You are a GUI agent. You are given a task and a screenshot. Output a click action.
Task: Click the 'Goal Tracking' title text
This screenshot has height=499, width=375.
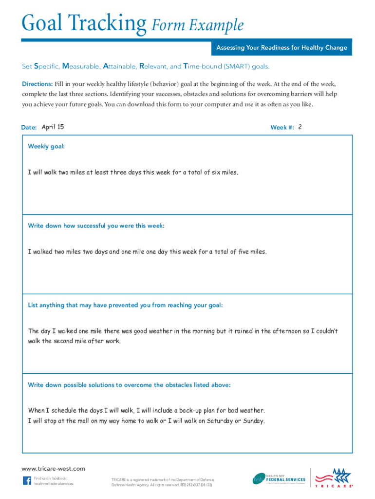click(83, 24)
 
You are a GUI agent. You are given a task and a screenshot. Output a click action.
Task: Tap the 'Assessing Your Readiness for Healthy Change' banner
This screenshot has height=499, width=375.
click(281, 48)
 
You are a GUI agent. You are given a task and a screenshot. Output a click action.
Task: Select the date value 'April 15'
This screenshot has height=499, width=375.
click(53, 127)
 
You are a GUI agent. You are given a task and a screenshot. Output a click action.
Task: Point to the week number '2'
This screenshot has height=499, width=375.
click(300, 127)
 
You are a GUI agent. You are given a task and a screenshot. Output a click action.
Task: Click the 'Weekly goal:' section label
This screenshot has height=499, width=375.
click(46, 146)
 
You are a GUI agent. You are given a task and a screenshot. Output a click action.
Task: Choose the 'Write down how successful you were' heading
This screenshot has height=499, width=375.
click(96, 226)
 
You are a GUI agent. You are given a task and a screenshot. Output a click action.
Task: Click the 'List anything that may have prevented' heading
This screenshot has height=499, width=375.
click(125, 305)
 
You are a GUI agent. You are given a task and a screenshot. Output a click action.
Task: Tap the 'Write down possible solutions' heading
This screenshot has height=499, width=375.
click(129, 385)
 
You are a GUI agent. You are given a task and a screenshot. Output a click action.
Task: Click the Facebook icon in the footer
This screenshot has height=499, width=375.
click(27, 480)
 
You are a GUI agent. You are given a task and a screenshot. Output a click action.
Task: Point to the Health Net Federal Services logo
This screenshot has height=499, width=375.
click(279, 479)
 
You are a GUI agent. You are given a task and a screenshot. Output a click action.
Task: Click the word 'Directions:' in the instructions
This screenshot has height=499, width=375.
click(37, 84)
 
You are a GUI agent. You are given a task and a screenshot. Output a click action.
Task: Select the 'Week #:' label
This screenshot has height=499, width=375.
click(282, 128)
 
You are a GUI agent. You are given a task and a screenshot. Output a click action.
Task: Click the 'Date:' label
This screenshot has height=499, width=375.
click(29, 128)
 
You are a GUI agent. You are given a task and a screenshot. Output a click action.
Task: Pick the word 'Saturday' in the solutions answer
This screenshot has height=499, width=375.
click(220, 421)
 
